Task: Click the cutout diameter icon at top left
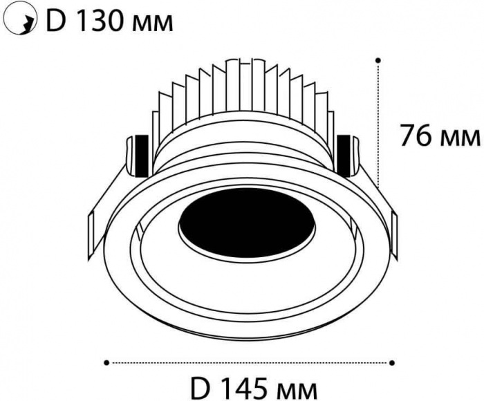pos(21,21)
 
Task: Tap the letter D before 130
pos(55,20)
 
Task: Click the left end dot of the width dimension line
pos(106,362)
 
